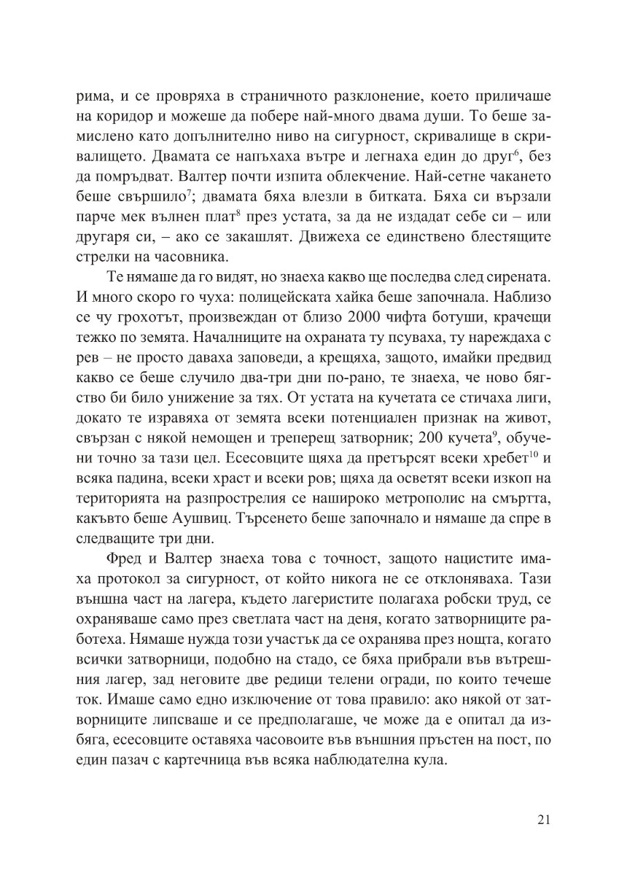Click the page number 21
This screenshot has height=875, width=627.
542,819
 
